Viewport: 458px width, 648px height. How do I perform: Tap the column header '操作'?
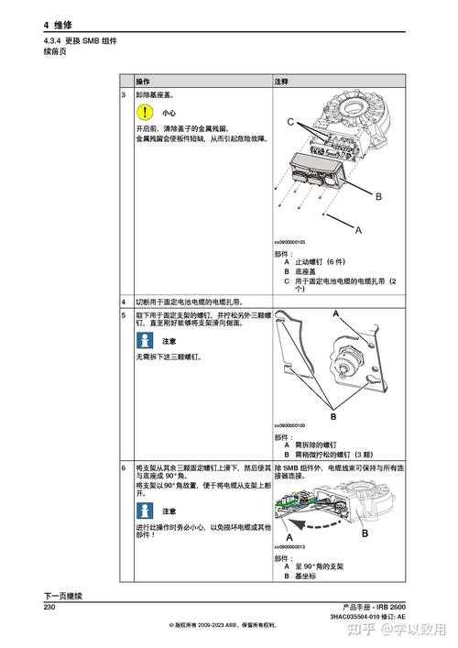pos(144,82)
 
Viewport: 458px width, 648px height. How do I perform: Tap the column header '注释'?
pos(282,82)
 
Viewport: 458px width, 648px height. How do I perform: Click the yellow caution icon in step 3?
pos(143,113)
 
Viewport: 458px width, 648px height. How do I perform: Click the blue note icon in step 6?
pos(143,511)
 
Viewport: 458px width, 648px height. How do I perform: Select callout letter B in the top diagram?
pos(377,196)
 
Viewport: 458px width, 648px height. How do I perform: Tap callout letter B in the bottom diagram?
pos(365,533)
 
